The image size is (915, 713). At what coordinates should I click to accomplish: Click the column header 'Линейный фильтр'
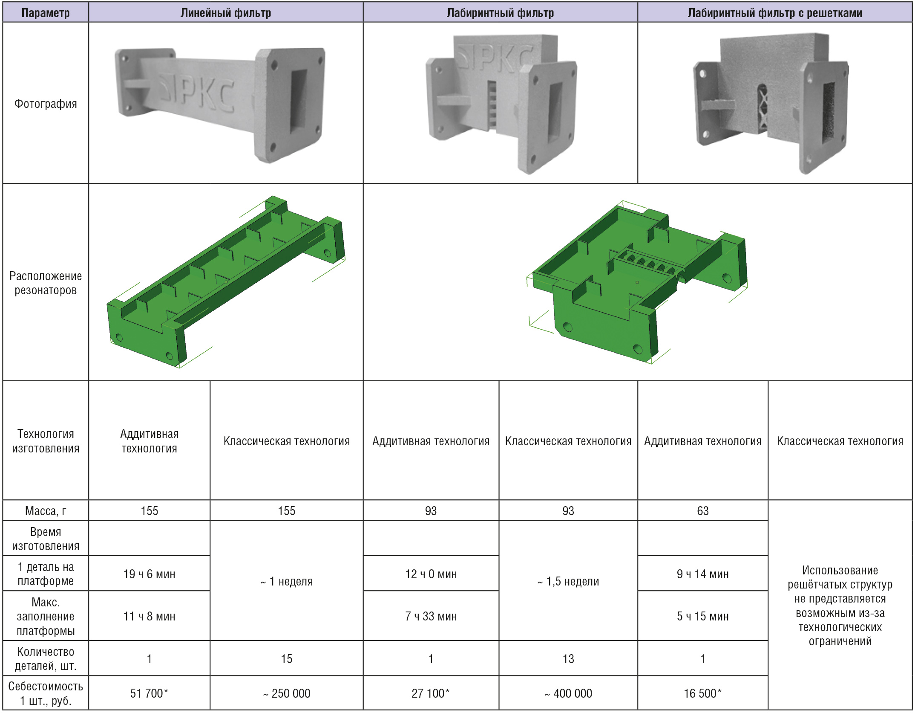pos(225,13)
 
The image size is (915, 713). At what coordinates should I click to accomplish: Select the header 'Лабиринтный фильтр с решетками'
pos(774,13)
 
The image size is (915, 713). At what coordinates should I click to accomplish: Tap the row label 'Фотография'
pos(46,104)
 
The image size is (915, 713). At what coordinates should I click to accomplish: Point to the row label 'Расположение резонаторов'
pos(46,283)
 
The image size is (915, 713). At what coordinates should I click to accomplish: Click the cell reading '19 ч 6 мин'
pos(149,574)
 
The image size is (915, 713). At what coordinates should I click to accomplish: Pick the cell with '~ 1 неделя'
pos(286,581)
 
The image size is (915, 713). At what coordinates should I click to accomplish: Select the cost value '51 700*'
pos(149,693)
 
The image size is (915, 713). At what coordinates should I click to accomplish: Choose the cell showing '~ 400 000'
pos(568,693)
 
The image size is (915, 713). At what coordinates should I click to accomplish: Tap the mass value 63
pos(702,510)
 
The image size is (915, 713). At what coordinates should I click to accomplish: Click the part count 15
pos(286,659)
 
